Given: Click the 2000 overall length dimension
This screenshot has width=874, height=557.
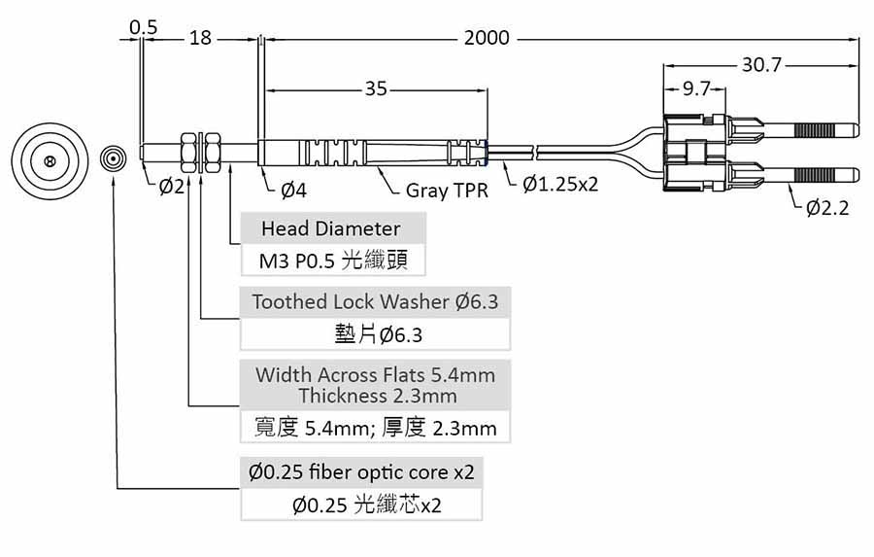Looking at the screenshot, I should (x=487, y=39).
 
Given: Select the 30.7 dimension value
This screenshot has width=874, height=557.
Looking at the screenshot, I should (x=762, y=65).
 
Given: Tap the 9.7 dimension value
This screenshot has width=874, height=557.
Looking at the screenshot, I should (x=695, y=89).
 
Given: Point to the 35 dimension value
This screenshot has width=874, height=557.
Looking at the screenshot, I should (x=376, y=89).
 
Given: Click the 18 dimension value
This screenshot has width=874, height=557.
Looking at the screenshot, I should (x=199, y=38).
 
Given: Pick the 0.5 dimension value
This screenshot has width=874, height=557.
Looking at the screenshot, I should (x=143, y=27).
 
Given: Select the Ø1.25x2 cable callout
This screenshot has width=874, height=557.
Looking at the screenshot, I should (x=559, y=185).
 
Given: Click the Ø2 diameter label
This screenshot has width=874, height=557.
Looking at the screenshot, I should (x=171, y=185).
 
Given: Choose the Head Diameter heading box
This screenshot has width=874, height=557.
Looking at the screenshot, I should (x=330, y=228).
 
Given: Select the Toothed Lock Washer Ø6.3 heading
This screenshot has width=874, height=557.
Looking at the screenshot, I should (x=375, y=301).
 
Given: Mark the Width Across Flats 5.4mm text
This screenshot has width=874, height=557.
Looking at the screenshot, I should (x=375, y=374).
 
